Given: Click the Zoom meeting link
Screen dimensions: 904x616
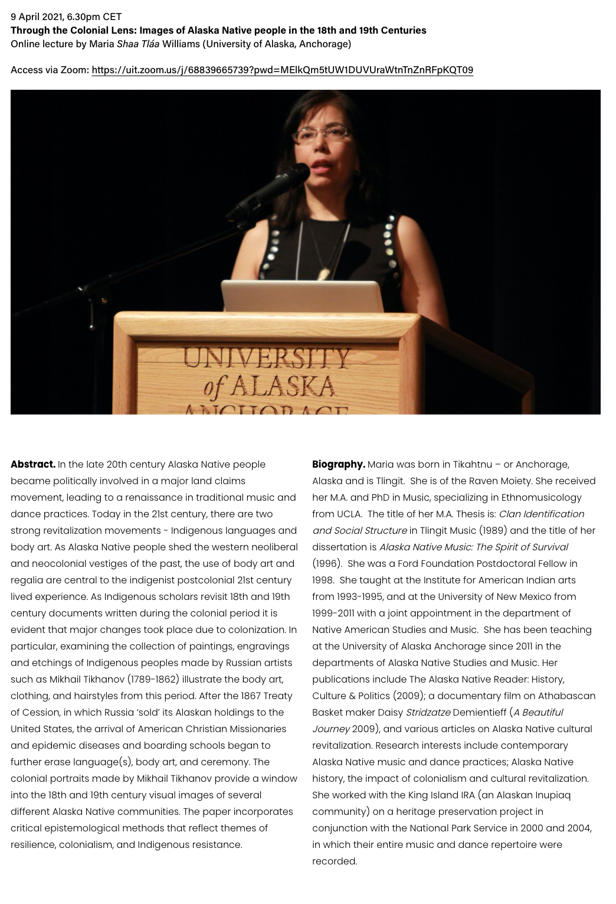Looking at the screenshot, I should coord(282,70).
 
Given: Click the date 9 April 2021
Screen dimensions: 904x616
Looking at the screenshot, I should coord(37,17).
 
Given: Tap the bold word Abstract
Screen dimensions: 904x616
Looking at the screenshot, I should coord(33,465).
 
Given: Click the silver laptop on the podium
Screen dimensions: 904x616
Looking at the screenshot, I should coord(302,296).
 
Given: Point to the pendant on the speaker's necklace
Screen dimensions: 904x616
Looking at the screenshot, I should coord(323,273).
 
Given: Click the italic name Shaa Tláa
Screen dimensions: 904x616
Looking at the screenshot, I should coord(138,44).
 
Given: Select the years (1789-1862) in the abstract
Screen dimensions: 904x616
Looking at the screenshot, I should coord(153,680).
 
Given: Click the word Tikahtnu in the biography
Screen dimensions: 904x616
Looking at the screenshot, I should coord(472,465).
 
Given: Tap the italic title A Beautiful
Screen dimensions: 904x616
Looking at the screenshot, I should coord(538,713).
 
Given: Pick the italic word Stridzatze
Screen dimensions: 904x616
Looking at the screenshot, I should coord(428,713).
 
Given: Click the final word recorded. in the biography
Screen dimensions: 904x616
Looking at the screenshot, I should coord(335,861).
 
